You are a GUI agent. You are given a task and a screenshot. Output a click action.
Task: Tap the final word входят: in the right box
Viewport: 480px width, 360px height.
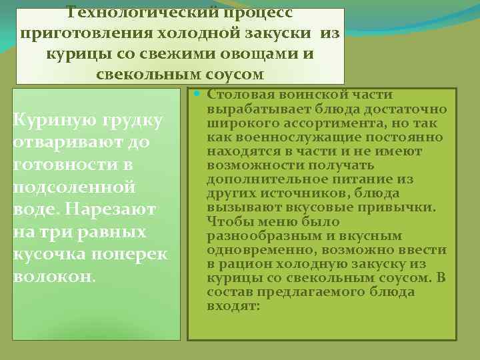(x=233, y=306)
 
